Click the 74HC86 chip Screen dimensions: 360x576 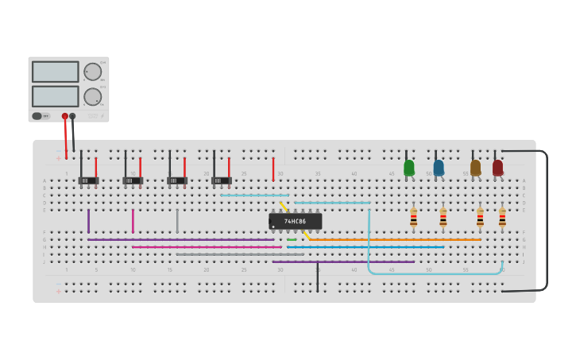tap(295, 221)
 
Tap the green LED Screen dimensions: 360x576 tap(409, 168)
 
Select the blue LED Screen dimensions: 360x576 tap(439, 168)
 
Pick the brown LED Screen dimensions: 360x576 tap(475, 168)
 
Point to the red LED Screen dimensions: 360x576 tap(497, 168)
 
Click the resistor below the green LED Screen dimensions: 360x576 tap(413, 217)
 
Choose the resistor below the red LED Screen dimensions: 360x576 tap(502, 217)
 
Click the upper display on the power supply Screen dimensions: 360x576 tap(55, 72)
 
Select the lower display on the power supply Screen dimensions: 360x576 tap(55, 96)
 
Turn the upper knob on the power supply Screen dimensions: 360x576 tap(93, 72)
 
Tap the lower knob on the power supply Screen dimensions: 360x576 tap(93, 97)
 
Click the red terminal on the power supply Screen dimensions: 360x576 tap(65, 116)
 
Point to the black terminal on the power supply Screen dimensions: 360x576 tap(72, 116)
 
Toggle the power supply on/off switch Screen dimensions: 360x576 tap(37, 116)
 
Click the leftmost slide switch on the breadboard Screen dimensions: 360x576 tap(87, 180)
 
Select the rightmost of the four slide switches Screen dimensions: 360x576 tap(221, 180)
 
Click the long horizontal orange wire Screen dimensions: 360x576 tap(395, 239)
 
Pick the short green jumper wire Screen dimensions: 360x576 tap(292, 239)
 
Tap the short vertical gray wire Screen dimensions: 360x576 tap(177, 220)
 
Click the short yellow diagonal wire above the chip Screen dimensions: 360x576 tap(284, 207)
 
